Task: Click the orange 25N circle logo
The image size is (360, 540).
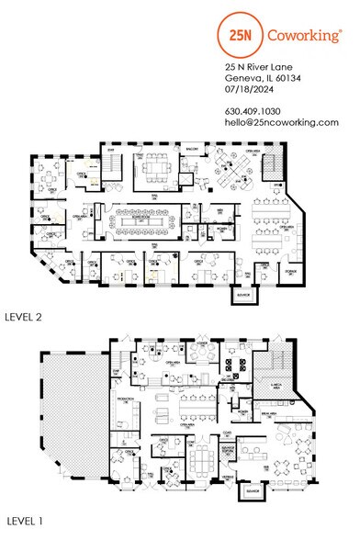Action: pos(242,37)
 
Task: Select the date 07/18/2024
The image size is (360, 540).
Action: pos(249,90)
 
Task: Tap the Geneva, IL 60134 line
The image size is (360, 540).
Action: pos(263,79)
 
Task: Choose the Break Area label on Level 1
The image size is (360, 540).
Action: pos(276,414)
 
